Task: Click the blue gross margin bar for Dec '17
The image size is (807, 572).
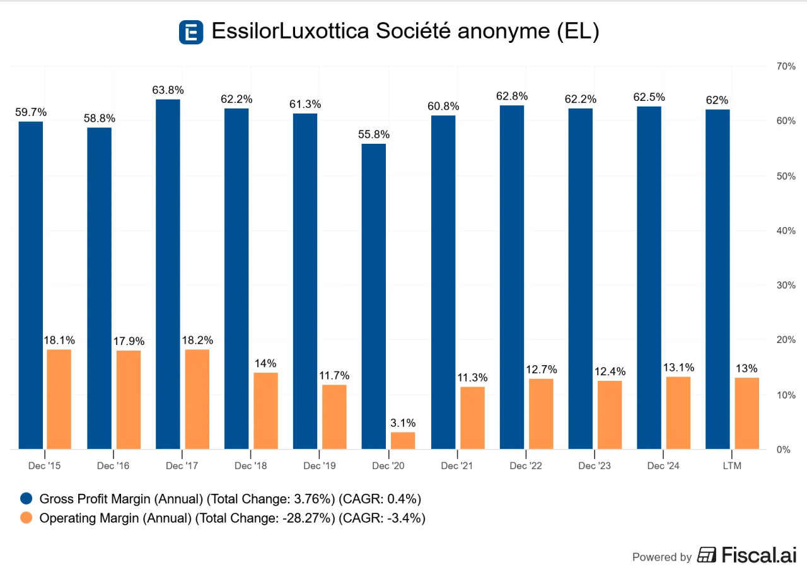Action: (x=168, y=274)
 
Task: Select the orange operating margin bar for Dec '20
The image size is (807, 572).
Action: (x=403, y=440)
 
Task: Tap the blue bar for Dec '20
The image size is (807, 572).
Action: (x=374, y=296)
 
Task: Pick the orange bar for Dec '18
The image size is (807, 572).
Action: (x=265, y=411)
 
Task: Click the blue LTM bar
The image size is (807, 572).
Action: (x=717, y=279)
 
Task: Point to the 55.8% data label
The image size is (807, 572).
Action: (x=374, y=134)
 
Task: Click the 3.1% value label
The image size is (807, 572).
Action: (x=403, y=423)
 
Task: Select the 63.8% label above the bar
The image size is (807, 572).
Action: (x=168, y=90)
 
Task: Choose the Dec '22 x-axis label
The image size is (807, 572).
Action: (x=525, y=466)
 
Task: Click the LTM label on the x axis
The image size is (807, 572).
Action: (x=731, y=466)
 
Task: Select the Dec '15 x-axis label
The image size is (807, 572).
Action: (x=45, y=466)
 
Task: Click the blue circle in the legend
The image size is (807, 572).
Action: (x=26, y=499)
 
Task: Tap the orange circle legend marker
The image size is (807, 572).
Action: (x=26, y=518)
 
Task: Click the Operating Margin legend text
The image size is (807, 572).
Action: (x=232, y=518)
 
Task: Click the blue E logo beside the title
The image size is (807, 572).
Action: (x=191, y=32)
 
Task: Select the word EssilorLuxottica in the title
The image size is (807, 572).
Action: (x=290, y=32)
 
